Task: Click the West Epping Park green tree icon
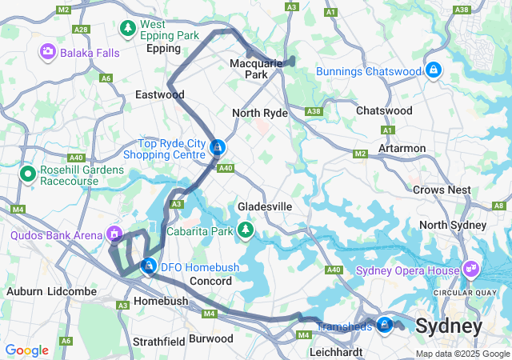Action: (127, 30)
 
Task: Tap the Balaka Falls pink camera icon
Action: (48, 52)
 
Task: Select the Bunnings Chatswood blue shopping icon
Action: (433, 70)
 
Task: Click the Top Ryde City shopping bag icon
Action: (218, 147)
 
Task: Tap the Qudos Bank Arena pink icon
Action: (115, 234)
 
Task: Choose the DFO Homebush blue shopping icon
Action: (148, 266)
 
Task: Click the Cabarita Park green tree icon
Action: (247, 231)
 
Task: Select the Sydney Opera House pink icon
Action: (472, 269)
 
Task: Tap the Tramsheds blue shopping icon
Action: (385, 324)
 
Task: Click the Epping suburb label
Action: (163, 48)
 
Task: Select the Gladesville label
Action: (264, 206)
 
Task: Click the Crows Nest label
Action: (442, 190)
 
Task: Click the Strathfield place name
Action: (159, 341)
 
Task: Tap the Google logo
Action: (26, 350)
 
